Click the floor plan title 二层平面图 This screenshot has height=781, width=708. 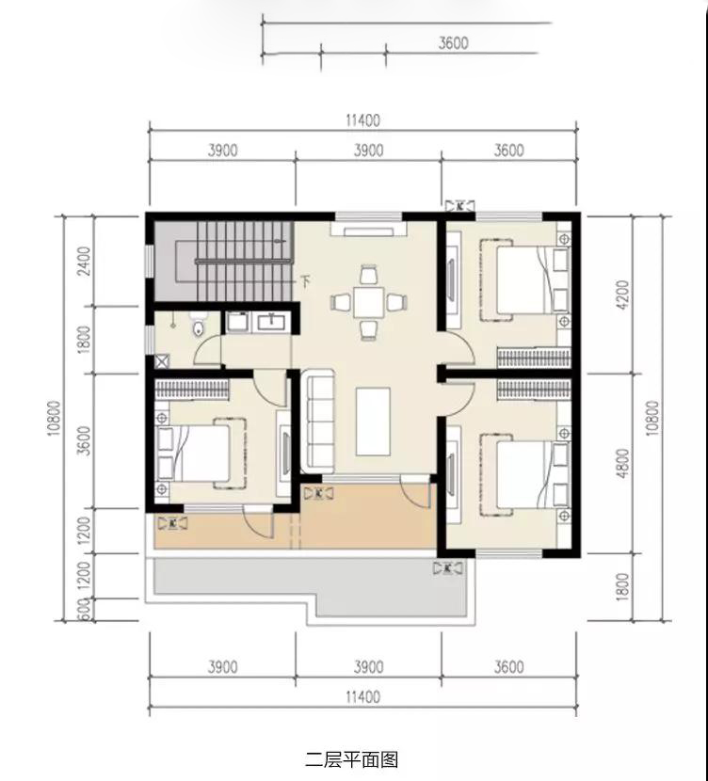[352, 760]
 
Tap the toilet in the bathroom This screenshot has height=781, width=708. [199, 324]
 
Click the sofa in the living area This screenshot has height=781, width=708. [320, 421]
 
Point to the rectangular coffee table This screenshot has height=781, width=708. [373, 422]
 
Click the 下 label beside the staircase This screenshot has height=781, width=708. [307, 282]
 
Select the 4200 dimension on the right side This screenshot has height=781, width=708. [623, 295]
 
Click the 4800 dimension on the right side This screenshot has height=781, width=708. [623, 463]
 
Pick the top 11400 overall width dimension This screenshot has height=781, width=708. [362, 120]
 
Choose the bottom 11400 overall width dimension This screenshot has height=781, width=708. [362, 696]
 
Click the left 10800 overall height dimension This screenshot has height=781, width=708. [55, 418]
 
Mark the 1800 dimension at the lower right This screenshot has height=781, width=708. [623, 587]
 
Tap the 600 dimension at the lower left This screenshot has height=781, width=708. [84, 610]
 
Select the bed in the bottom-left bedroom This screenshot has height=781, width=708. [201, 453]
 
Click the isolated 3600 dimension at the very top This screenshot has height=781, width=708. [454, 43]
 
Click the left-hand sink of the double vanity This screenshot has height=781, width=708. [237, 322]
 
